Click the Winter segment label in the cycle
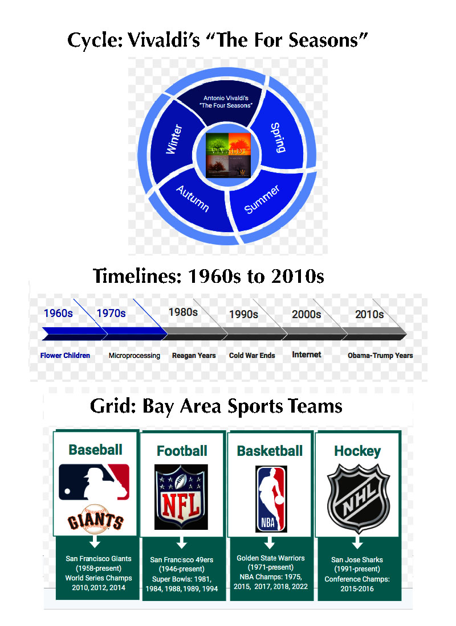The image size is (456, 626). (x=174, y=139)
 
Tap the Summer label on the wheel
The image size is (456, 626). (x=262, y=199)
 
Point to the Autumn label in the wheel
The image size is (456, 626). (x=193, y=198)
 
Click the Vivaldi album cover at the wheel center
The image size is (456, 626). (x=228, y=155)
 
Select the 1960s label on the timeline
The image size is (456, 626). (x=58, y=313)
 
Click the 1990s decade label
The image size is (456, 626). (x=243, y=315)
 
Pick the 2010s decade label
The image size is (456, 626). (x=369, y=315)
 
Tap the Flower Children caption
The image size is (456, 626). (x=65, y=355)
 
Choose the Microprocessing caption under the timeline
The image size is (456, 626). (x=135, y=356)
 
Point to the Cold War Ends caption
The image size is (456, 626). (x=252, y=355)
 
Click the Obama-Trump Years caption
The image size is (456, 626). (x=380, y=355)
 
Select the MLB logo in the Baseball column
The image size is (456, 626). (x=94, y=482)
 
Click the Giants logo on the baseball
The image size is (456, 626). (x=95, y=520)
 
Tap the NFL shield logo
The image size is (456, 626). (x=181, y=497)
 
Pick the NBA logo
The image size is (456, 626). (x=271, y=499)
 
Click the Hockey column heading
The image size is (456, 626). (x=357, y=451)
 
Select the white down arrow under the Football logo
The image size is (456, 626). (x=182, y=542)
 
